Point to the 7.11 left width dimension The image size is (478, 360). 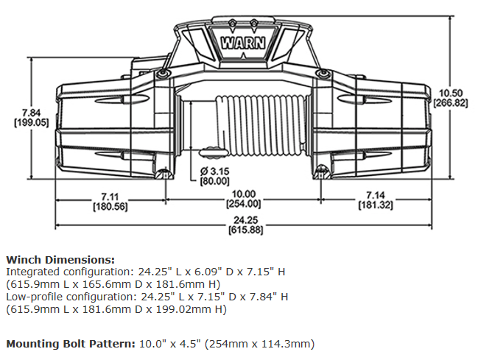pyautogui.click(x=111, y=197)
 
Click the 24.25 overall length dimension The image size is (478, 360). pyautogui.click(x=242, y=220)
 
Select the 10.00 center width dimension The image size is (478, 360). pyautogui.click(x=243, y=194)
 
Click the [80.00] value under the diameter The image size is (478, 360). pyautogui.click(x=215, y=181)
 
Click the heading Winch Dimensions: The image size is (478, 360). pyautogui.click(x=60, y=260)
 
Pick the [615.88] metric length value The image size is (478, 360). pyautogui.click(x=242, y=230)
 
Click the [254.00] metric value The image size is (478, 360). pyautogui.click(x=243, y=204)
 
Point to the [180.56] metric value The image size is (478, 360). pyautogui.click(x=111, y=207)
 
